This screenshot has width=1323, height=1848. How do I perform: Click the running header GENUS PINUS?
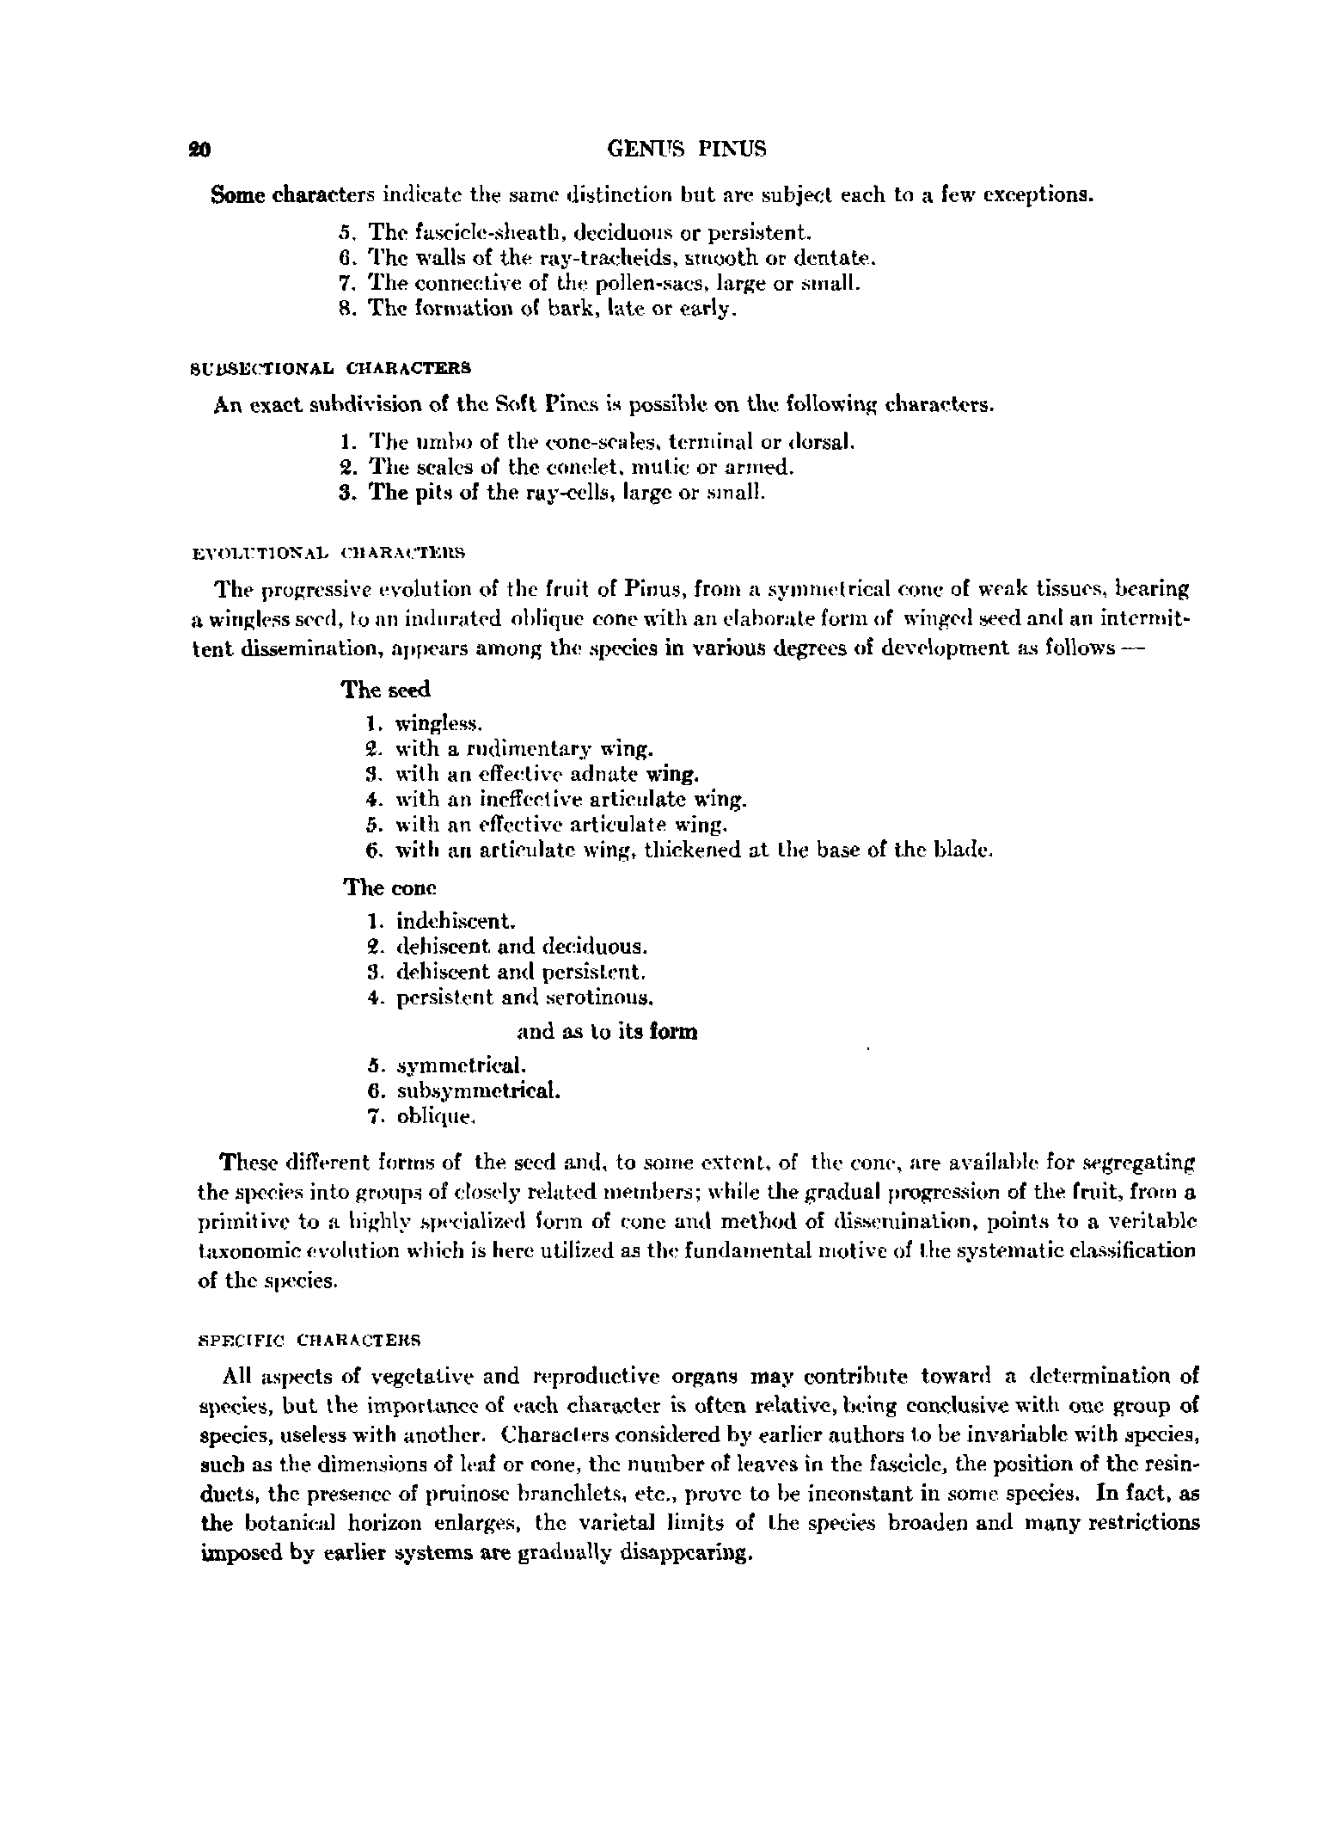click(686, 149)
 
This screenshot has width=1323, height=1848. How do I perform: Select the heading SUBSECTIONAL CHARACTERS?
click(330, 367)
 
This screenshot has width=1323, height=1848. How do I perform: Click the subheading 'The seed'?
click(387, 690)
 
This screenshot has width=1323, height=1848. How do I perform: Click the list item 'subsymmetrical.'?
click(479, 1092)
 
